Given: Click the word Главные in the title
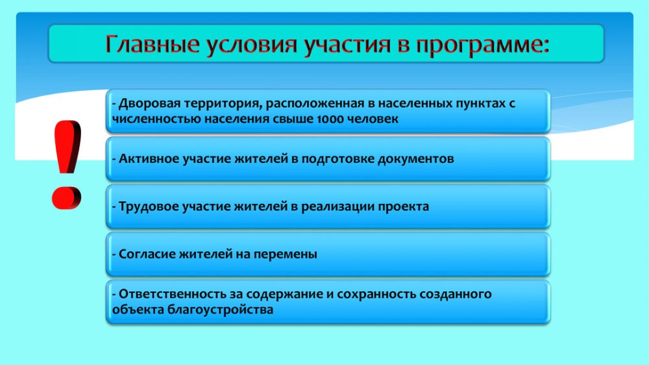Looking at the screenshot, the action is (x=152, y=44).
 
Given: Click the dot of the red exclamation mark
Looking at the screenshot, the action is (x=67, y=198).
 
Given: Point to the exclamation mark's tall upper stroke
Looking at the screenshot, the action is (x=67, y=147).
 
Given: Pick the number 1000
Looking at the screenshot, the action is (x=330, y=120).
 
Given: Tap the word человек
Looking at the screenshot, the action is (x=373, y=120).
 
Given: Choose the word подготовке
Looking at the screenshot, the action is (x=337, y=159).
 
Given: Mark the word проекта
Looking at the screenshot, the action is (x=404, y=207).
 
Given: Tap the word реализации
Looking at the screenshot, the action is (x=337, y=207).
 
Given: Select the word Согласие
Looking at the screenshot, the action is (x=147, y=254).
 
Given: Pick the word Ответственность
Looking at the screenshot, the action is (x=171, y=294).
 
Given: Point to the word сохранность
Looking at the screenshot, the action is (x=376, y=295).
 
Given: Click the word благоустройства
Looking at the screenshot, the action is (x=220, y=310).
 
